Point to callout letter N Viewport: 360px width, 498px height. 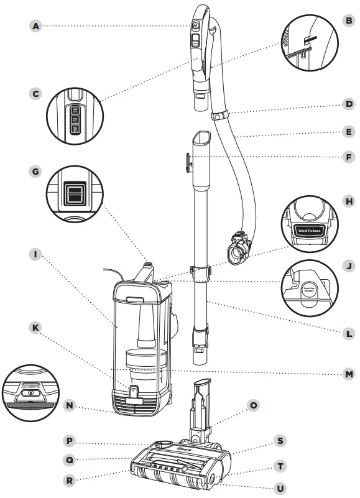coord(70,405)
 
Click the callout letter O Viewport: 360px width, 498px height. coord(254,405)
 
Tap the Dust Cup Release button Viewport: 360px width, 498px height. coord(310,290)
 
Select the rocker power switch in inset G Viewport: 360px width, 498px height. coord(73,192)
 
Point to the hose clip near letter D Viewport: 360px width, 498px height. coord(219,116)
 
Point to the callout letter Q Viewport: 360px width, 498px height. coord(70,460)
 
